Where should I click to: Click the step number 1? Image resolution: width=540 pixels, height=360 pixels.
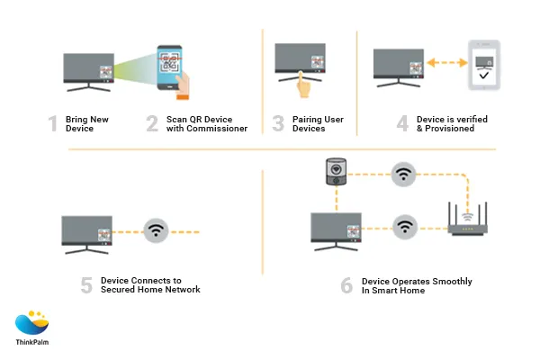pos(53,123)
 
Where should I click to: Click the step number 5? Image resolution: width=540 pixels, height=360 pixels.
pos(86,284)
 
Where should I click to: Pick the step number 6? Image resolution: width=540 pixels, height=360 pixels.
pos(346,284)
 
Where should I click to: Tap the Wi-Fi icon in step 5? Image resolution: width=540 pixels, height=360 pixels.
pos(157,230)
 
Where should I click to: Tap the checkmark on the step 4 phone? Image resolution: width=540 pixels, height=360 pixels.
pos(486,78)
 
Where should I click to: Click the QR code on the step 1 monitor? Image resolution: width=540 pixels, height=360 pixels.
pos(105,69)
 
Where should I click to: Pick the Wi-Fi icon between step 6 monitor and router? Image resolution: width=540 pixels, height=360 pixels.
pos(404,225)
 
